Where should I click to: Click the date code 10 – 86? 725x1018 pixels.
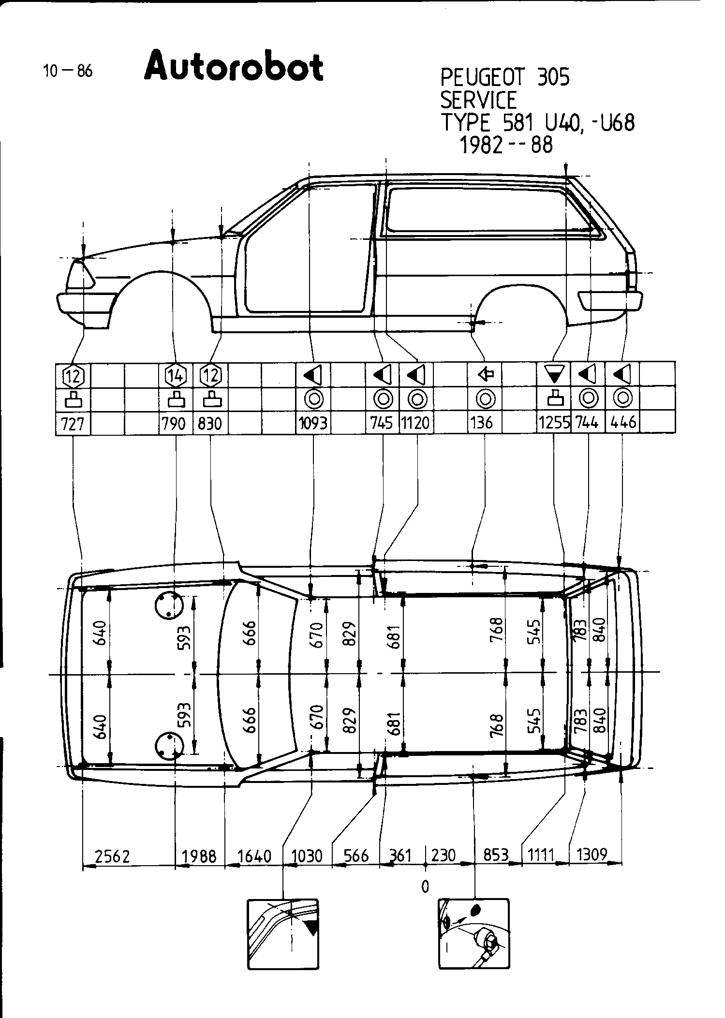(67, 72)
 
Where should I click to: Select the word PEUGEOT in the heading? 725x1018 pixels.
(479, 77)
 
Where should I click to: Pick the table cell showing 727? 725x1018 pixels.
(73, 424)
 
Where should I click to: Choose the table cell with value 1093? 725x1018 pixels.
(313, 424)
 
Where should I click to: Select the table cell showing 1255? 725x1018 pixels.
(554, 424)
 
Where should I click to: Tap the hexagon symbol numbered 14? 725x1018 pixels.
(175, 375)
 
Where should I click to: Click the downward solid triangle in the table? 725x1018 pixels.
(554, 374)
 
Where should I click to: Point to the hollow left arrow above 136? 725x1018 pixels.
(485, 374)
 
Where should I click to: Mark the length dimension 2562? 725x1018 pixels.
(113, 856)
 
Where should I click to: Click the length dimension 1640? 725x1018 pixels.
(254, 856)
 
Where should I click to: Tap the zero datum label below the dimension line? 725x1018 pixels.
(425, 886)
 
